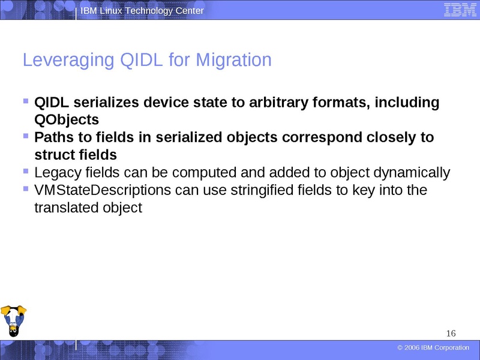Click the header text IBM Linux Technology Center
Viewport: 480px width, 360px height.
(142, 11)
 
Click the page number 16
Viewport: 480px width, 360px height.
(451, 334)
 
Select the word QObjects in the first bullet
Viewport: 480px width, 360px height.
(67, 119)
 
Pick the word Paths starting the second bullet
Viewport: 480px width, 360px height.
(52, 137)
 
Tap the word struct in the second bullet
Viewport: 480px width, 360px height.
(52, 154)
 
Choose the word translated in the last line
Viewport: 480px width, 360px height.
(62, 208)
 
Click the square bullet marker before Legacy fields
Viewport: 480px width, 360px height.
(25, 172)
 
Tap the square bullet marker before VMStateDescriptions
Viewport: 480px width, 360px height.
(25, 189)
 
